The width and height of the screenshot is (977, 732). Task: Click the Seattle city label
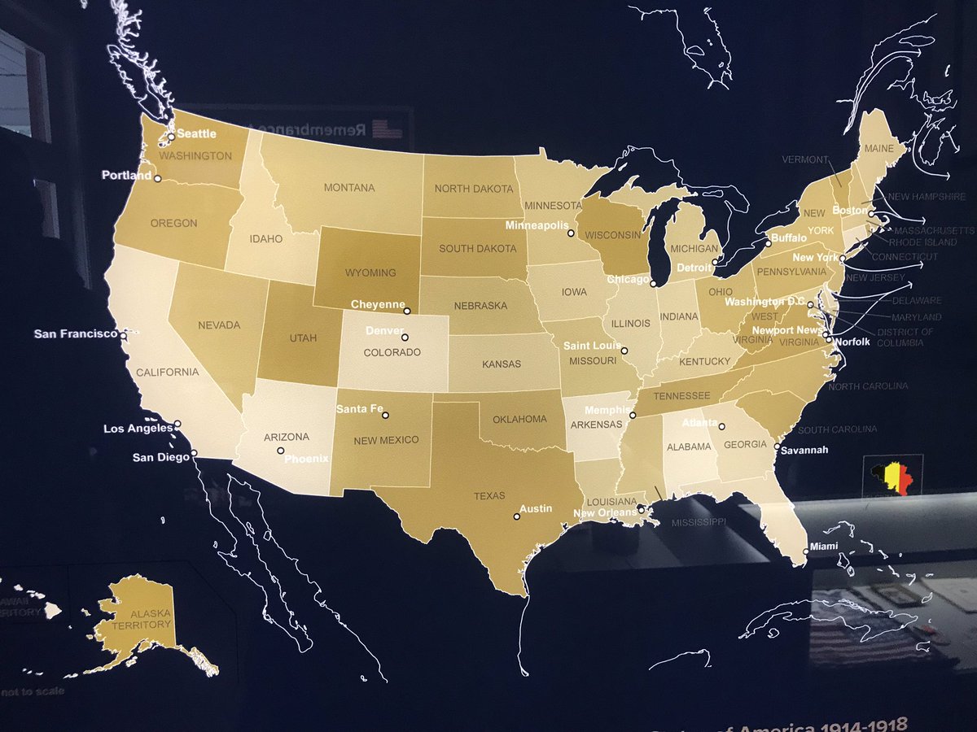point(197,134)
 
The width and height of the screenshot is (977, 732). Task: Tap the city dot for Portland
point(157,179)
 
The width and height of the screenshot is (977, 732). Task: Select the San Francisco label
point(76,333)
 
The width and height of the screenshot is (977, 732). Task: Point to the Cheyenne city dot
point(408,310)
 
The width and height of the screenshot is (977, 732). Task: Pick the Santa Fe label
point(359,408)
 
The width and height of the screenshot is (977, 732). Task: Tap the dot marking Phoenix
point(280,451)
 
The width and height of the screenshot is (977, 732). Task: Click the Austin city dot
point(516,516)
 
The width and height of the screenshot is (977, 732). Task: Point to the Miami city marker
point(806,551)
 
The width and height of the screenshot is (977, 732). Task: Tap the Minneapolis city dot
point(571,233)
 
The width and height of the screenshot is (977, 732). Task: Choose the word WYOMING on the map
point(370,273)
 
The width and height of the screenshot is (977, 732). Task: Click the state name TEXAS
point(489,495)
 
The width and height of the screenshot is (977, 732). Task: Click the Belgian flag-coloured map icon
point(892,474)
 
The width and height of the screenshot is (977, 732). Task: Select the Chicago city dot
point(653,284)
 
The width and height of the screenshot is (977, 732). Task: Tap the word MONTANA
point(349,188)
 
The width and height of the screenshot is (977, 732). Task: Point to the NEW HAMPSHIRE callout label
point(926,197)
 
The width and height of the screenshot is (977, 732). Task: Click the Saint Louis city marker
point(624,351)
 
